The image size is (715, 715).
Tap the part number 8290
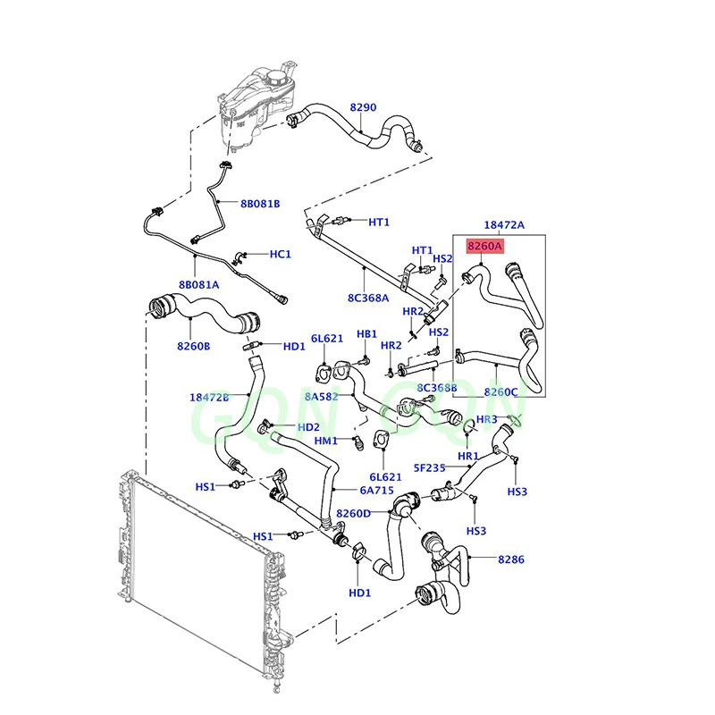pyautogui.click(x=363, y=107)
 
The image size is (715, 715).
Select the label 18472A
pyautogui.click(x=504, y=224)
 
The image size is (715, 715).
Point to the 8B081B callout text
pyautogui.click(x=260, y=204)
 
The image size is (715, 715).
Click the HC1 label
pyautogui.click(x=280, y=254)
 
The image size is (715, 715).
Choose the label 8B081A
pyautogui.click(x=198, y=285)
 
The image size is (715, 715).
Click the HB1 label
pyautogui.click(x=367, y=333)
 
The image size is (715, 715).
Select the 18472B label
pyautogui.click(x=209, y=397)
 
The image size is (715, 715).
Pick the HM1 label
pyautogui.click(x=325, y=441)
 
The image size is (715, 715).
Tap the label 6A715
pyautogui.click(x=352, y=491)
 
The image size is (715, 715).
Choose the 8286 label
pyautogui.click(x=512, y=559)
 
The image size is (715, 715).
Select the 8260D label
pyautogui.click(x=353, y=513)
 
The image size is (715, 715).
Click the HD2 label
pyautogui.click(x=308, y=427)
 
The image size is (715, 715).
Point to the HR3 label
pyautogui.click(x=486, y=419)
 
